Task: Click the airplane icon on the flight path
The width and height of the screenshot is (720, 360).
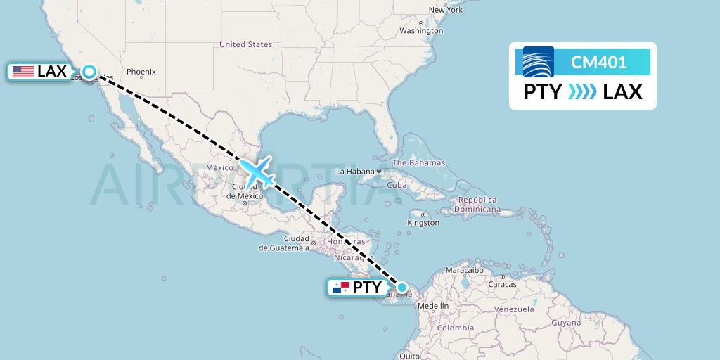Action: pyautogui.click(x=257, y=172)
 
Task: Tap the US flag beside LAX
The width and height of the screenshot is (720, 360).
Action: pyautogui.click(x=22, y=72)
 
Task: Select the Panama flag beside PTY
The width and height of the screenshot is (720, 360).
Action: pyautogui.click(x=340, y=288)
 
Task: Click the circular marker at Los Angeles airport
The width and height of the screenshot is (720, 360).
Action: pyautogui.click(x=89, y=71)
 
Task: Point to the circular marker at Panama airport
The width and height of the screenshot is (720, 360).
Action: pyautogui.click(x=401, y=287)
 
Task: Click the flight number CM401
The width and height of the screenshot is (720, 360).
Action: pyautogui.click(x=598, y=63)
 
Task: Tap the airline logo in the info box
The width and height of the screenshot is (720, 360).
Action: pyautogui.click(x=539, y=62)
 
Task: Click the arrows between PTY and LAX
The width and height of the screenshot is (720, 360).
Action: pyautogui.click(x=581, y=92)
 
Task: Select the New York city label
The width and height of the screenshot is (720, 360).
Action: pyautogui.click(x=446, y=10)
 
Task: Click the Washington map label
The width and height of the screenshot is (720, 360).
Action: pyautogui.click(x=421, y=31)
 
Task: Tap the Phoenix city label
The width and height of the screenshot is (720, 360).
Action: pyautogui.click(x=141, y=72)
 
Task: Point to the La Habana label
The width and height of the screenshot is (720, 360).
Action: pyautogui.click(x=355, y=172)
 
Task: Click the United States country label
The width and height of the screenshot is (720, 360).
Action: pyautogui.click(x=245, y=44)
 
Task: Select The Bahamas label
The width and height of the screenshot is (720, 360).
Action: pyautogui.click(x=418, y=163)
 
